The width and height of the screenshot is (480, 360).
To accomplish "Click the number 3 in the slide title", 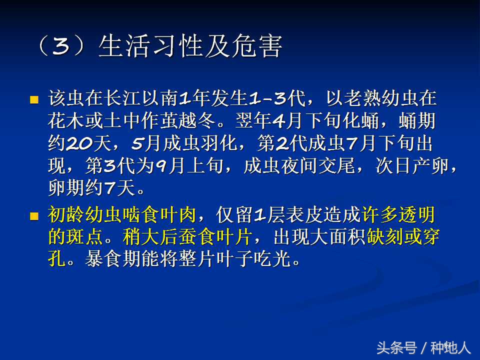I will coord(60,47).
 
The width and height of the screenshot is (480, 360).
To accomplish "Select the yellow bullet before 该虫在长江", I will coord(34,99).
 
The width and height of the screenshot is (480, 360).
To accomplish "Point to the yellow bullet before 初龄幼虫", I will coord(34,216).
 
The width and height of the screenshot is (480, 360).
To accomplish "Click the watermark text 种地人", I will coord(450,347).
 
